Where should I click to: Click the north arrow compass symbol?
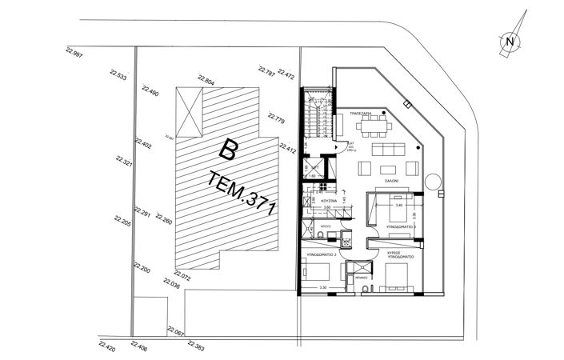pyautogui.click(x=510, y=39)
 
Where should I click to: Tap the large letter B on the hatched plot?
pyautogui.click(x=230, y=150)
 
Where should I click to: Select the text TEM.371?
pyautogui.click(x=241, y=194)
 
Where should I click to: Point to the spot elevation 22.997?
pyautogui.click(x=74, y=53)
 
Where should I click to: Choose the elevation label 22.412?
pyautogui.click(x=288, y=147)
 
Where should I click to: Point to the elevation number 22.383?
pyautogui.click(x=195, y=346)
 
